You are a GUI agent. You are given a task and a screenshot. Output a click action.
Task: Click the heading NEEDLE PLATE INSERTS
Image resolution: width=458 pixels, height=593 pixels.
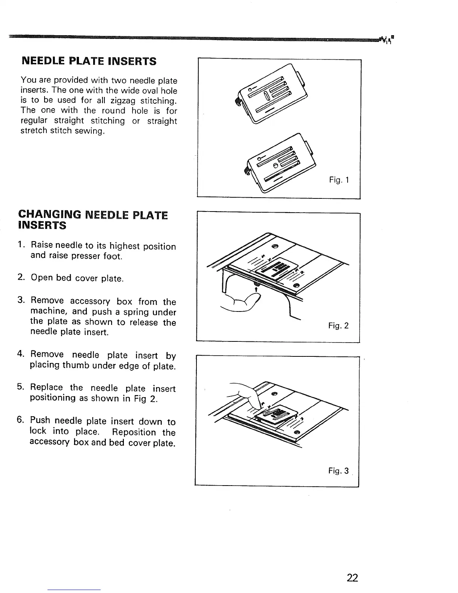click(x=89, y=61)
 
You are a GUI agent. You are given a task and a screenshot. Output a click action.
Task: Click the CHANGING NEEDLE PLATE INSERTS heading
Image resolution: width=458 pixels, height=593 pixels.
click(x=93, y=220)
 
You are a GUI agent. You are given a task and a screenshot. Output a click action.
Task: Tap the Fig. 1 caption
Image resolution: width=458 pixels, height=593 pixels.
click(x=339, y=180)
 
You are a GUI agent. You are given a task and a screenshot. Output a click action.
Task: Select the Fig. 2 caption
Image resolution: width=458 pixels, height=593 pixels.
click(x=338, y=326)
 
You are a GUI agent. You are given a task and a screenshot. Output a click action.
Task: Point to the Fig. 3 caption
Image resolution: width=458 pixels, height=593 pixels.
click(x=338, y=471)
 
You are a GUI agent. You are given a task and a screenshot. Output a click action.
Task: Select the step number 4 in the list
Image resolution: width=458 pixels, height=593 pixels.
click(x=21, y=354)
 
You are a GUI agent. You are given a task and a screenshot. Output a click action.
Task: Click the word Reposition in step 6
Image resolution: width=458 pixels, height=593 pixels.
click(x=134, y=432)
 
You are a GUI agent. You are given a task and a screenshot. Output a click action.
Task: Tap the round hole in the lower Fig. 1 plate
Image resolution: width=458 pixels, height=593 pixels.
click(x=275, y=165)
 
